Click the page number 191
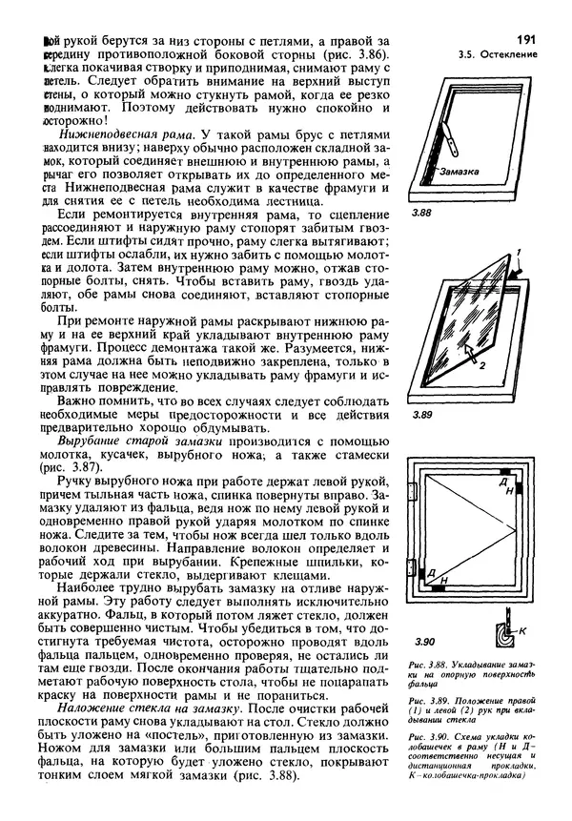click(x=523, y=39)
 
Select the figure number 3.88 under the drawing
click(x=422, y=215)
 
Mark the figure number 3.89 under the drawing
click(x=422, y=417)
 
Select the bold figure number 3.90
click(x=423, y=642)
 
